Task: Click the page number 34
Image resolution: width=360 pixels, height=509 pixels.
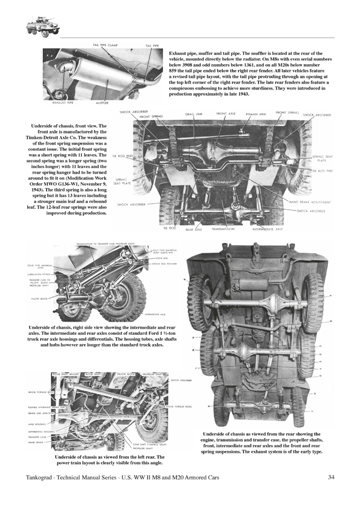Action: (x=331, y=478)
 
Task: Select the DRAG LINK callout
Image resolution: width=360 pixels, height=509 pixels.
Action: (x=194, y=114)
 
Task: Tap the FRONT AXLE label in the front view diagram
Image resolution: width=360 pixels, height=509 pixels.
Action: (x=226, y=113)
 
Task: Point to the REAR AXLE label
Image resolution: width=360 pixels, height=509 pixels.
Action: (x=194, y=230)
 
